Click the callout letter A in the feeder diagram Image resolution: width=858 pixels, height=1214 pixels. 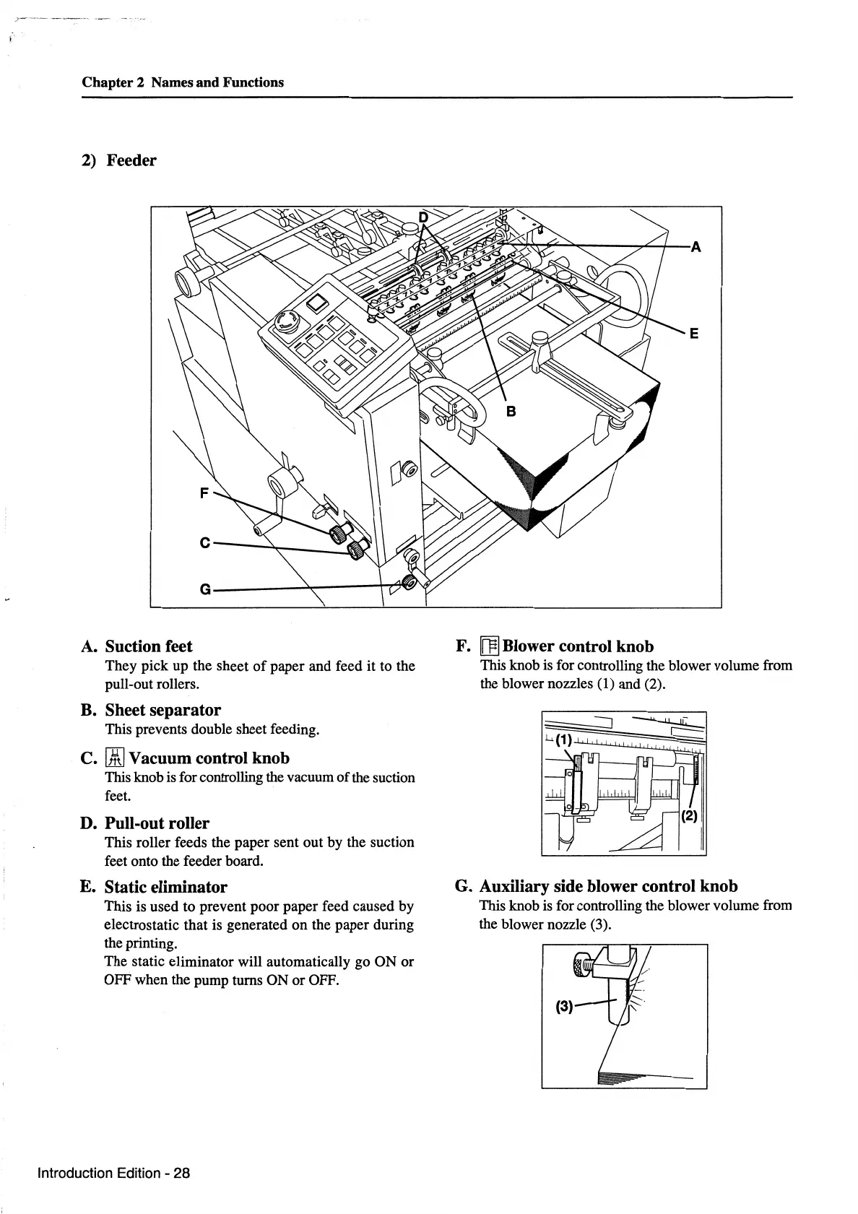[x=695, y=247]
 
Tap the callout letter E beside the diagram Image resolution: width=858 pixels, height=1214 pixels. [x=693, y=334]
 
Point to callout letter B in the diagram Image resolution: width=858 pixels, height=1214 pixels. [x=511, y=412]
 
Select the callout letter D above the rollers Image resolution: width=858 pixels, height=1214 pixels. [x=424, y=217]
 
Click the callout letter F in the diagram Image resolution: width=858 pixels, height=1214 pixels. [x=204, y=493]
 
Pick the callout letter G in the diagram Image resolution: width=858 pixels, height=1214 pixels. [x=205, y=589]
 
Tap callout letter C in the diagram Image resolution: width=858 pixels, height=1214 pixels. [x=204, y=542]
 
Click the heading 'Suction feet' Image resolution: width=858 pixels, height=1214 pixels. [x=149, y=646]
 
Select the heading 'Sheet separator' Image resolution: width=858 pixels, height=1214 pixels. [x=163, y=710]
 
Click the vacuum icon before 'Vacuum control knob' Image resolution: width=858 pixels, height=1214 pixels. [x=116, y=758]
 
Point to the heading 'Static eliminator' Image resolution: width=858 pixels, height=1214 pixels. [x=166, y=887]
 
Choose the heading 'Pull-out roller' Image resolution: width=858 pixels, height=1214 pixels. [x=157, y=823]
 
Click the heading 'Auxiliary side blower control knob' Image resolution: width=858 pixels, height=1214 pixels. [x=609, y=886]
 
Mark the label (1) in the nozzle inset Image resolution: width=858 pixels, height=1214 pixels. [x=564, y=740]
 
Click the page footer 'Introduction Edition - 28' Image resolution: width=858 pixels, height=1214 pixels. [x=113, y=1173]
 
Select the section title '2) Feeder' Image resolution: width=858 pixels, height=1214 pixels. [x=118, y=160]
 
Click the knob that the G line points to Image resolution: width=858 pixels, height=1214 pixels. [x=410, y=581]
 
